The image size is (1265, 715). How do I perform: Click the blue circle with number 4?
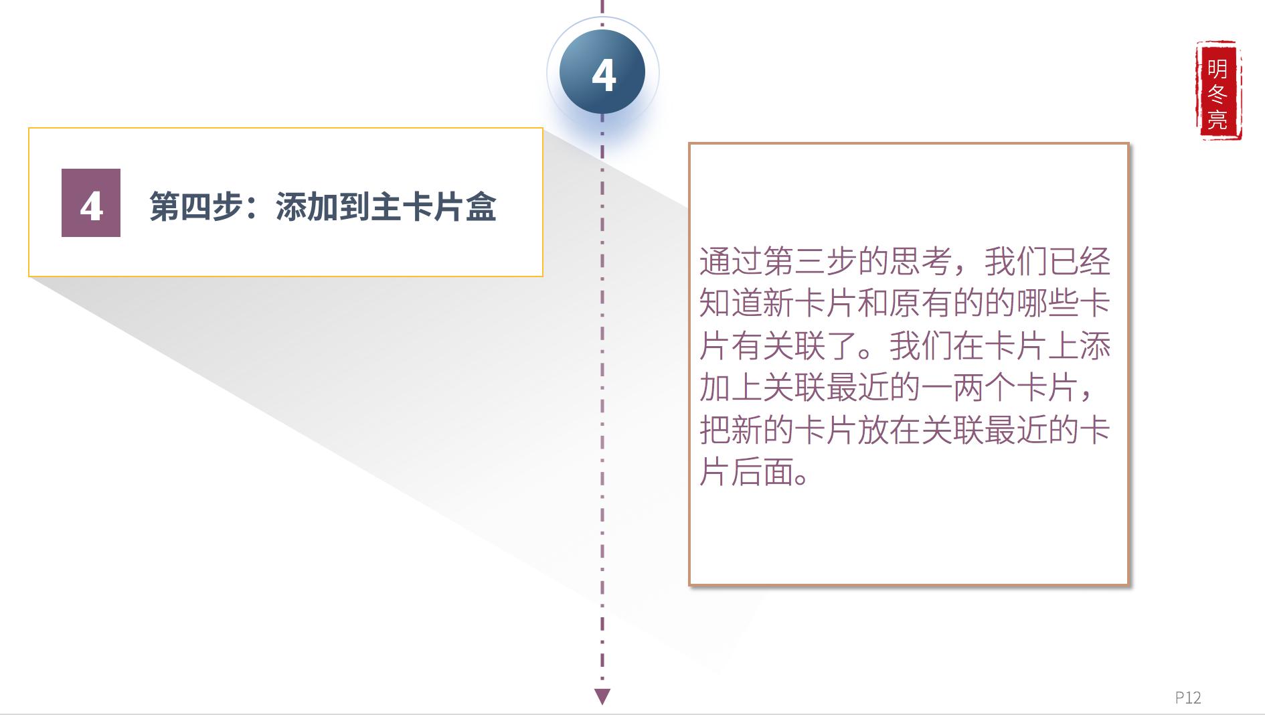602,73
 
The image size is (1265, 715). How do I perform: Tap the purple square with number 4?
91,203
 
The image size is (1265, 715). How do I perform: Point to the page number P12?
1188,698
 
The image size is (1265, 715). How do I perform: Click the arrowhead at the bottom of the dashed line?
602,697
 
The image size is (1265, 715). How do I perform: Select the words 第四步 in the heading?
195,206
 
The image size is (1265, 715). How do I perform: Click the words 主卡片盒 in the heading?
434,206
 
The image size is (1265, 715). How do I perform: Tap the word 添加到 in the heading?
323,206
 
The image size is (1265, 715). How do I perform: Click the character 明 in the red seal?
1217,68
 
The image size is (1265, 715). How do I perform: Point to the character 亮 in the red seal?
1217,119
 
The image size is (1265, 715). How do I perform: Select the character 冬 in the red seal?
1217,94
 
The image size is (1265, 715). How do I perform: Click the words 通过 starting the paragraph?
731,261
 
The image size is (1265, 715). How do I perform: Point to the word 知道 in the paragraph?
731,303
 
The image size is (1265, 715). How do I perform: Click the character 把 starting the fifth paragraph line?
715,430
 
